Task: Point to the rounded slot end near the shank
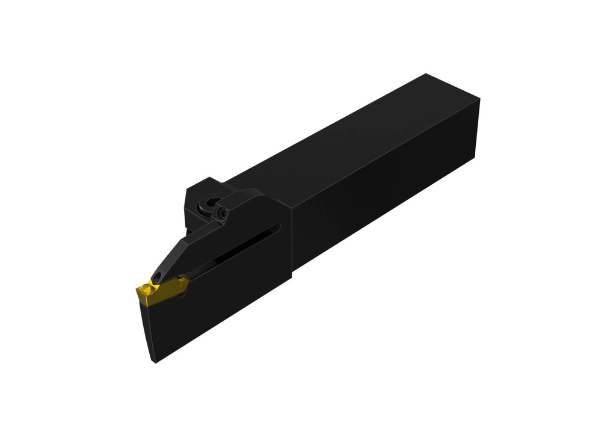(277, 228)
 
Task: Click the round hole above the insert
(158, 276)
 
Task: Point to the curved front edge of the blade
(144, 328)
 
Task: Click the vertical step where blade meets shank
(291, 241)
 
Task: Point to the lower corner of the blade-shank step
(291, 278)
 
